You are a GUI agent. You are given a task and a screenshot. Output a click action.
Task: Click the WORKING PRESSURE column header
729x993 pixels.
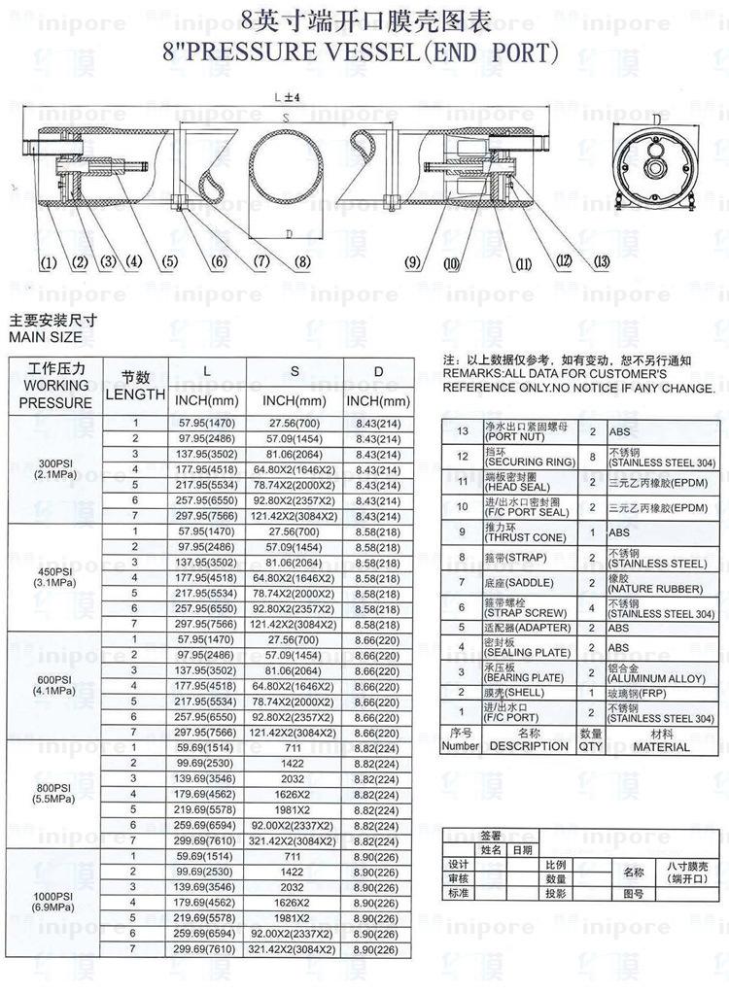(55, 386)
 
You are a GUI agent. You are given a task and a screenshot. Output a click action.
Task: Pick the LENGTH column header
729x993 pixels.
(135, 394)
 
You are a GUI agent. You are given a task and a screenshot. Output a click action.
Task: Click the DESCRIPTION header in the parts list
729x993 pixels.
(529, 746)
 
